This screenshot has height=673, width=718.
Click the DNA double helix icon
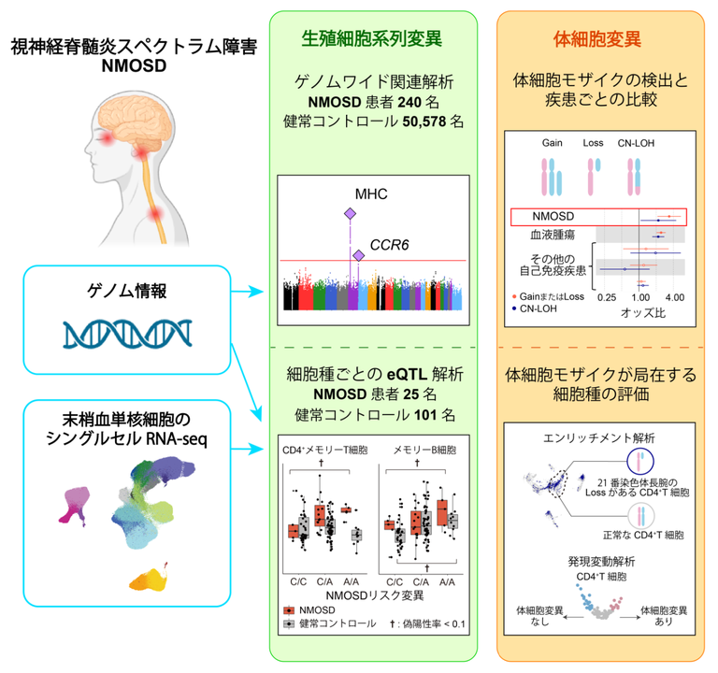[128, 332]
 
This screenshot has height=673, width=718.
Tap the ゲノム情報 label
[128, 291]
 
